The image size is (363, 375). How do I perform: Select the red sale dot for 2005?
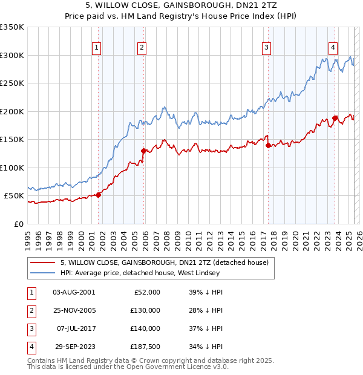pos(143,151)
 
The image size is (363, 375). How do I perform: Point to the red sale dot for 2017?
pos(268,145)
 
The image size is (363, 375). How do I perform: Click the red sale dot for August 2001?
pos(98,195)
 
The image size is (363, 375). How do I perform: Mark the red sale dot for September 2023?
pos(335,119)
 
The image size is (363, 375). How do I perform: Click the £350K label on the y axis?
pos(12,27)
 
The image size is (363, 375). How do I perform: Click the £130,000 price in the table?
pos(145,310)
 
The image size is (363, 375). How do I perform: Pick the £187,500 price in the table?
pos(145,347)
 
